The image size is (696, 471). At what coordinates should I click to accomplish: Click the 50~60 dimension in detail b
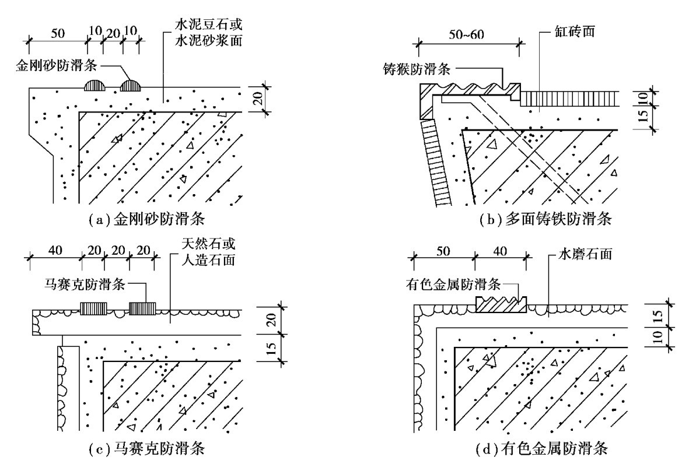pyautogui.click(x=467, y=33)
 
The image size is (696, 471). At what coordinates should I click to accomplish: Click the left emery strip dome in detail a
pyautogui.click(x=94, y=86)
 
